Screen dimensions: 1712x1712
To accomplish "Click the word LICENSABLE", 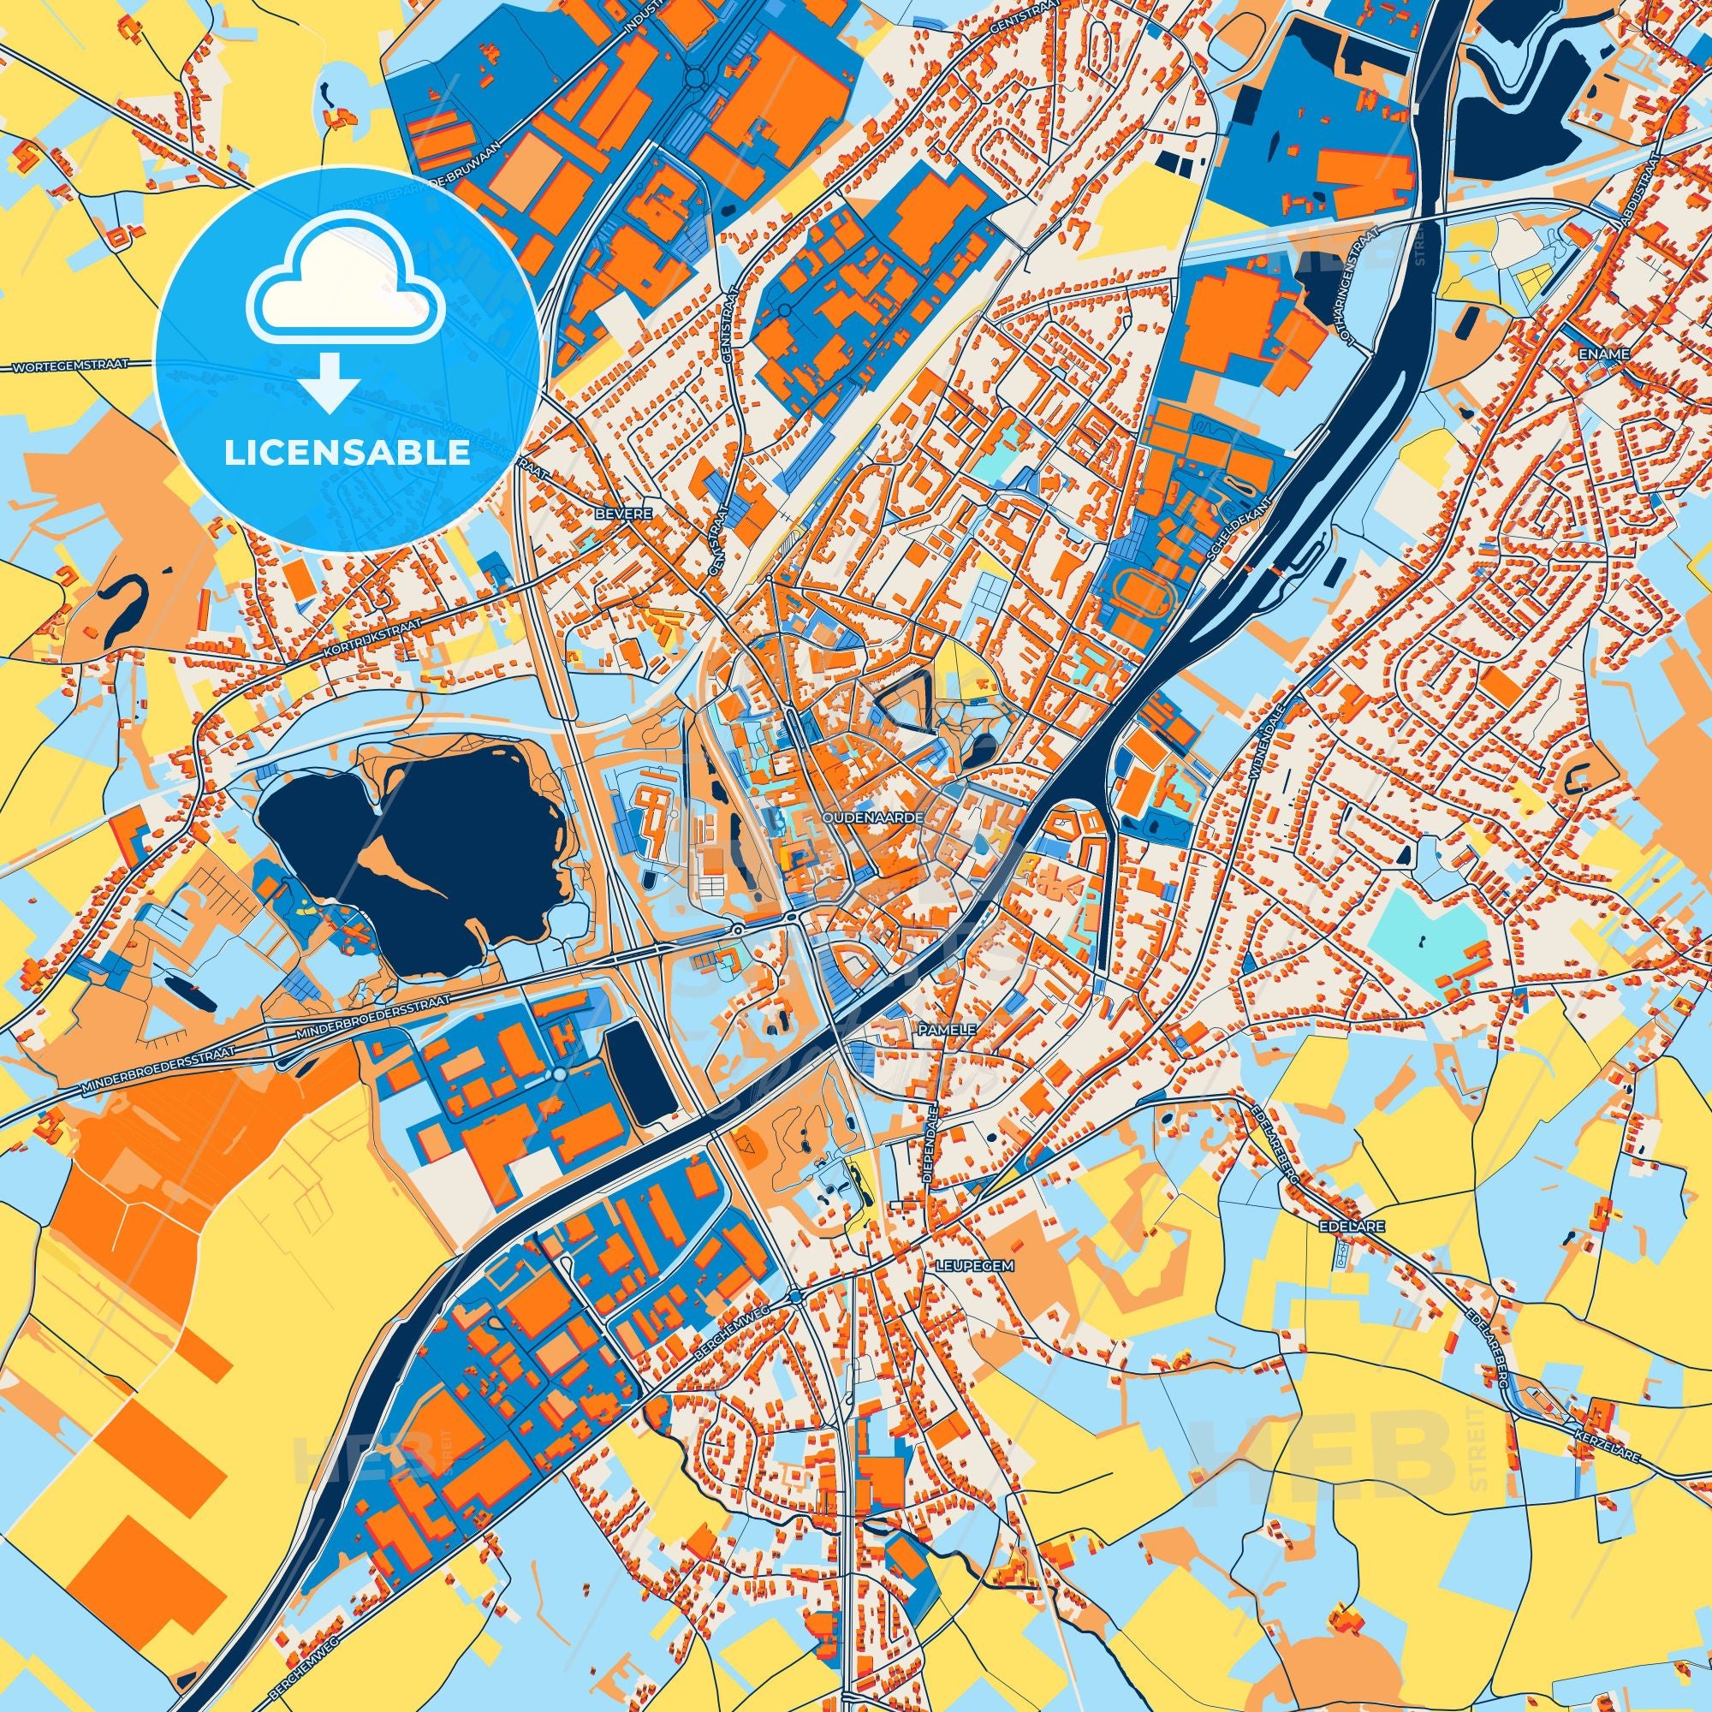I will [348, 453].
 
